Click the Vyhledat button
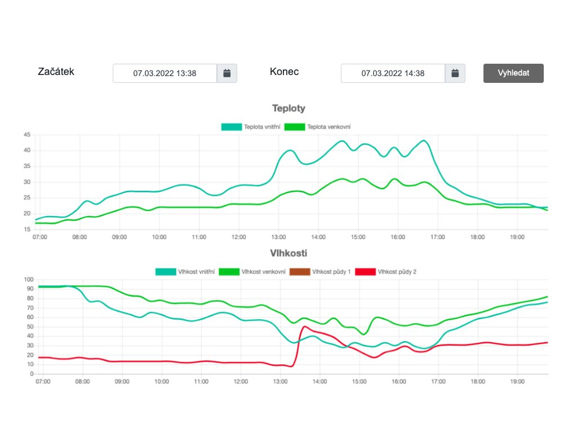513,73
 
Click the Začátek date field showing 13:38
165,73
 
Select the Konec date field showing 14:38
393,73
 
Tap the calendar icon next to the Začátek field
227,73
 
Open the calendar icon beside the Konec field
455,73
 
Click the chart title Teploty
288,108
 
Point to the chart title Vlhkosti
288,254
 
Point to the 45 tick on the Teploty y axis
26,135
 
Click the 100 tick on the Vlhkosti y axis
25,280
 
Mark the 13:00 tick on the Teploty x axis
278,237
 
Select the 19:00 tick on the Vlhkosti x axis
517,382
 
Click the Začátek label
56,72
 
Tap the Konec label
285,72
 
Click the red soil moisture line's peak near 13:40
305,326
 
